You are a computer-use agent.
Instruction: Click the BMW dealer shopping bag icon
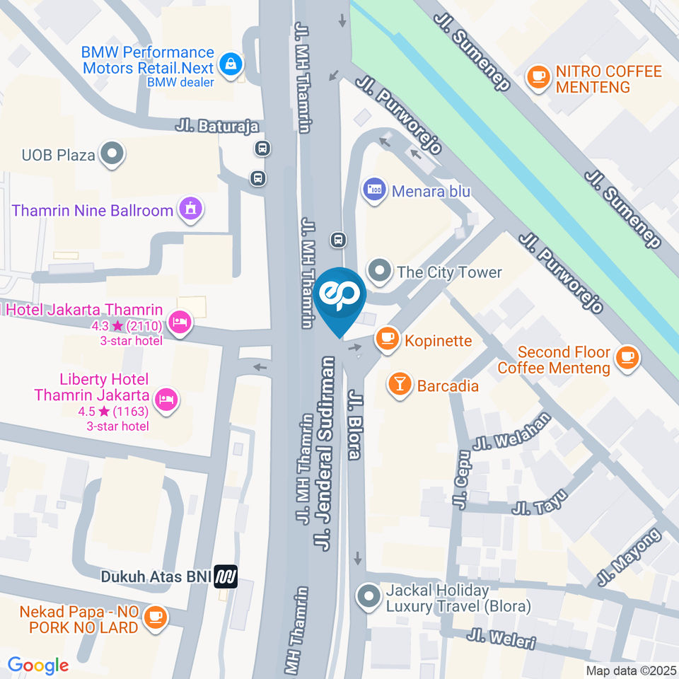(231, 65)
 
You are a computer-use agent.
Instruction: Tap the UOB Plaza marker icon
(112, 153)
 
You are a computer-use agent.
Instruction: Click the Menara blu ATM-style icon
(374, 190)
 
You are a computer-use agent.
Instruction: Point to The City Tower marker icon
(381, 271)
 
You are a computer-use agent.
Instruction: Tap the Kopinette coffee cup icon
(387, 339)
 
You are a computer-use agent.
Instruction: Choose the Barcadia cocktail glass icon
(400, 385)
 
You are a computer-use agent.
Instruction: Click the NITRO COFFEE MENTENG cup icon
(538, 78)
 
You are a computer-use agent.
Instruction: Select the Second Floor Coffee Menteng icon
(627, 359)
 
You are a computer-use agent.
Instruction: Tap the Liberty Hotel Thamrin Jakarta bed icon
(168, 399)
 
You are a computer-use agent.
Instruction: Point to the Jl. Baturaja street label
(216, 126)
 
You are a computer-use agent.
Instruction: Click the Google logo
(37, 665)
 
